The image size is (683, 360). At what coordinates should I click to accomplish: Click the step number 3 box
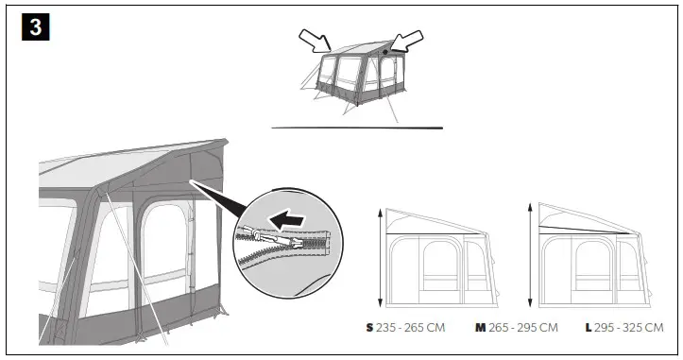[x=35, y=26]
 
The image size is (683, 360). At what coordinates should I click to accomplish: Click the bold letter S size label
[x=369, y=327]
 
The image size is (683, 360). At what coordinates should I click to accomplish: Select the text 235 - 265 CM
[x=411, y=327]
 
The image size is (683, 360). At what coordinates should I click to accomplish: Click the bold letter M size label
[x=480, y=327]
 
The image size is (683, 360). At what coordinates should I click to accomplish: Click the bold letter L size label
[x=589, y=327]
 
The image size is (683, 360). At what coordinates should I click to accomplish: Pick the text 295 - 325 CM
[x=628, y=327]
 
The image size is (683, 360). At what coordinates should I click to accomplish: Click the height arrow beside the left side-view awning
[x=380, y=257]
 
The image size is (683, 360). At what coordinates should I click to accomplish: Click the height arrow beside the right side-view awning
[x=533, y=257]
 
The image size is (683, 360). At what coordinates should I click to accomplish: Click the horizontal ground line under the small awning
[x=356, y=127]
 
